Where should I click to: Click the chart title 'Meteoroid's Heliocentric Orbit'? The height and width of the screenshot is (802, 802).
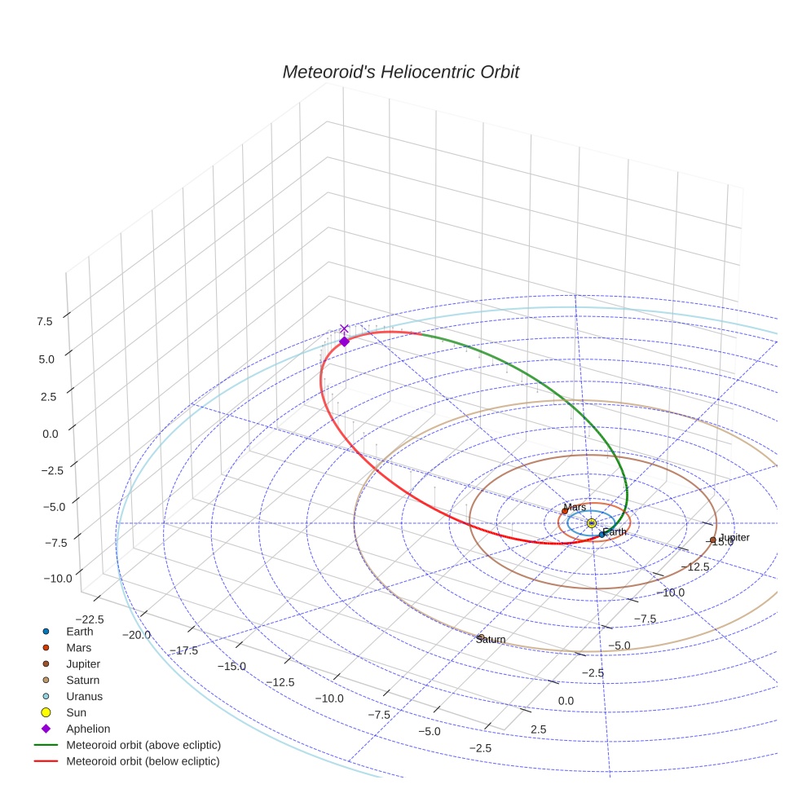pyautogui.click(x=400, y=72)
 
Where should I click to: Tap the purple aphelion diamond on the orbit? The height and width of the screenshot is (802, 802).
pyautogui.click(x=344, y=342)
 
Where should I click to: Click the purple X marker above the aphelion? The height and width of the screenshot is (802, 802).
pyautogui.click(x=344, y=328)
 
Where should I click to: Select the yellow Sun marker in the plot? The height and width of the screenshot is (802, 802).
pyautogui.click(x=591, y=523)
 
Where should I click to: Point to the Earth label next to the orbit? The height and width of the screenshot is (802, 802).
pyautogui.click(x=615, y=532)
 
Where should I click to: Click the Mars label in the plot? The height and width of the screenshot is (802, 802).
pyautogui.click(x=575, y=507)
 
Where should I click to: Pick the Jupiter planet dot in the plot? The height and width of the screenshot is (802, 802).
pyautogui.click(x=713, y=540)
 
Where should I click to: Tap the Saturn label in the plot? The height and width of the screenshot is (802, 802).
pyautogui.click(x=491, y=640)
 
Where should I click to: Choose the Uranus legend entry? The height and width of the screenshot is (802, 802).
pyautogui.click(x=84, y=696)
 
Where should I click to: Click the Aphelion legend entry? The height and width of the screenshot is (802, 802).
pyautogui.click(x=88, y=729)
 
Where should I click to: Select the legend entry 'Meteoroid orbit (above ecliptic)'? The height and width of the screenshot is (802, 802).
pyautogui.click(x=143, y=745)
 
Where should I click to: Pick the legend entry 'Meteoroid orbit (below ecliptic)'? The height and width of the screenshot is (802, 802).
pyautogui.click(x=143, y=761)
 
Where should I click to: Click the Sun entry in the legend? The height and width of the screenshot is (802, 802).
pyautogui.click(x=77, y=712)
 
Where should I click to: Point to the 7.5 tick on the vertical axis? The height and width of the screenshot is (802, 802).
pyautogui.click(x=44, y=321)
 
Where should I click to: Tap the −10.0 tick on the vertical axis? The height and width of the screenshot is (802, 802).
pyautogui.click(x=57, y=578)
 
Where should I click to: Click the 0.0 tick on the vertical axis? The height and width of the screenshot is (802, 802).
pyautogui.click(x=51, y=434)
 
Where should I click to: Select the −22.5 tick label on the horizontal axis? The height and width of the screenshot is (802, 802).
pyautogui.click(x=89, y=619)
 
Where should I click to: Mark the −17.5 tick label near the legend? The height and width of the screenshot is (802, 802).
pyautogui.click(x=185, y=650)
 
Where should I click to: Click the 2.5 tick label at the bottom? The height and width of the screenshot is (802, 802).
pyautogui.click(x=538, y=729)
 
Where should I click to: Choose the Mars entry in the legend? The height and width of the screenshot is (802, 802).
pyautogui.click(x=79, y=647)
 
